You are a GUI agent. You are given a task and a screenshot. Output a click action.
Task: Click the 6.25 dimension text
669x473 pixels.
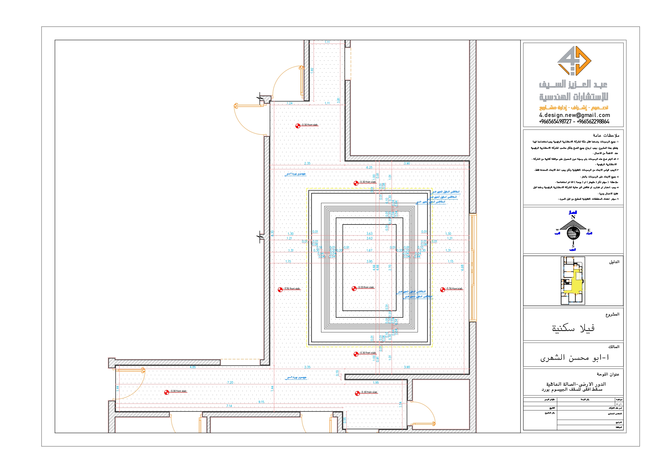click(369, 168)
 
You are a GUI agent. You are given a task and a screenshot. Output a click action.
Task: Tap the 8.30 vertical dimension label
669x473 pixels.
click(272, 233)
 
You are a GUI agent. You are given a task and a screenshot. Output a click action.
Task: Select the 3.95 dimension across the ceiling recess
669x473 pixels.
click(369, 261)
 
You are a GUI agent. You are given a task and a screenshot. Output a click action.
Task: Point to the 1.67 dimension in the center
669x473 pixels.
click(369, 250)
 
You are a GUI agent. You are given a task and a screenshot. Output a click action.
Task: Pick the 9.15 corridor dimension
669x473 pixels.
click(261, 402)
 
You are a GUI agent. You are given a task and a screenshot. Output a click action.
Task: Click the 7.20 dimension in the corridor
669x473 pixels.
click(230, 383)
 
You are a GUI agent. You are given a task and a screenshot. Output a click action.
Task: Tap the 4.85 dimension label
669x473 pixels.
click(193, 367)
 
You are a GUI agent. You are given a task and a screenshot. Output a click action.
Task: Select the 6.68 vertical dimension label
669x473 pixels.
click(462, 268)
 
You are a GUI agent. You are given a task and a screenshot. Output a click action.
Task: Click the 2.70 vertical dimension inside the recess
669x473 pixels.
click(390, 268)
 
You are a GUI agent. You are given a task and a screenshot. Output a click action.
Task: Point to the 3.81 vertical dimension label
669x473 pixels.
click(338, 100)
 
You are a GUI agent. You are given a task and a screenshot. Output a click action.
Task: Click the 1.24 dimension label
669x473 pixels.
click(289, 103)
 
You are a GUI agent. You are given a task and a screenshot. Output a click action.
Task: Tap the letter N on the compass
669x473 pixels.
click(573, 217)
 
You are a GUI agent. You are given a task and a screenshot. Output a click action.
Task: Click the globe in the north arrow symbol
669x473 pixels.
click(573, 233)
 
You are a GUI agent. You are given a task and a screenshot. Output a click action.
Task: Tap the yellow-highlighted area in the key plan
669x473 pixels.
click(575, 283)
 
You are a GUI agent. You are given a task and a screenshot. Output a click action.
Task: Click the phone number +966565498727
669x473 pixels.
click(555, 122)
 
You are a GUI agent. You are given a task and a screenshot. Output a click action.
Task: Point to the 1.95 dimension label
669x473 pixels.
click(375, 383)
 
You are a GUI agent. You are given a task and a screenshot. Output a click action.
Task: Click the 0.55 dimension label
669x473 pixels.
click(345, 420)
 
